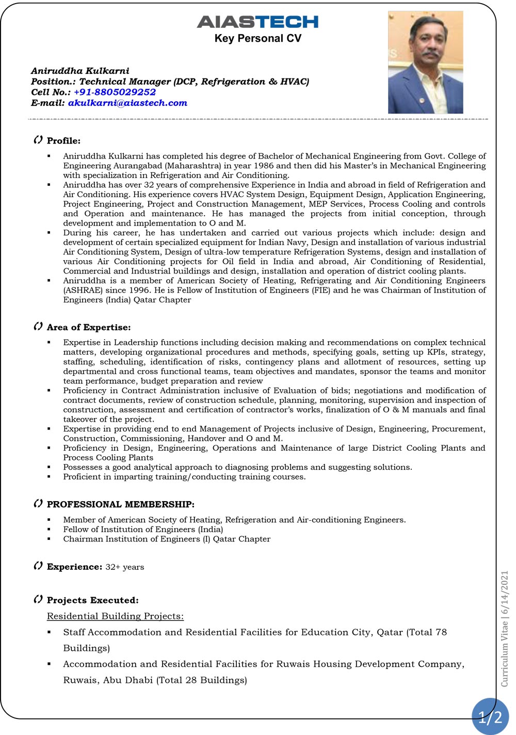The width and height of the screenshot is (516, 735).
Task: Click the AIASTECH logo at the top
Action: [257, 22]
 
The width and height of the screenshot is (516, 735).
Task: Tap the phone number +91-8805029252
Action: [115, 92]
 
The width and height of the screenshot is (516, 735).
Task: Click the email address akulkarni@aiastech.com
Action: [127, 103]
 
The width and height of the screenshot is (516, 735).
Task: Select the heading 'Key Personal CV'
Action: [258, 38]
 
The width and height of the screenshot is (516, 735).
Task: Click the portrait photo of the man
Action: [425, 62]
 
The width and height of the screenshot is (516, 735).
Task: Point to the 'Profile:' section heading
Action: [63, 141]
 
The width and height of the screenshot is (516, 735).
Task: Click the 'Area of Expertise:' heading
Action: [89, 327]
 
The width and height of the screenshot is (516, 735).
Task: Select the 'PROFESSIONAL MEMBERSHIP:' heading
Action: [121, 504]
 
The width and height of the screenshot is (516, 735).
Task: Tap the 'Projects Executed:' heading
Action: [93, 600]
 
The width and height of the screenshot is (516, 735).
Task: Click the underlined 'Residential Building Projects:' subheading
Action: [115, 616]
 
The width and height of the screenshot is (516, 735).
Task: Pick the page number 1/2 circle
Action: [490, 717]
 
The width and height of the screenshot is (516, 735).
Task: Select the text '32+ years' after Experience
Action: [125, 567]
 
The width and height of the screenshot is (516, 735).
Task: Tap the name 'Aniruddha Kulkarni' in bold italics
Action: [80, 71]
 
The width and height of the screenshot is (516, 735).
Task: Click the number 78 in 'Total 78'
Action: [441, 632]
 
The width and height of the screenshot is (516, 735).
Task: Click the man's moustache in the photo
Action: [430, 54]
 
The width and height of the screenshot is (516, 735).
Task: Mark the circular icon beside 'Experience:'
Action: [38, 566]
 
